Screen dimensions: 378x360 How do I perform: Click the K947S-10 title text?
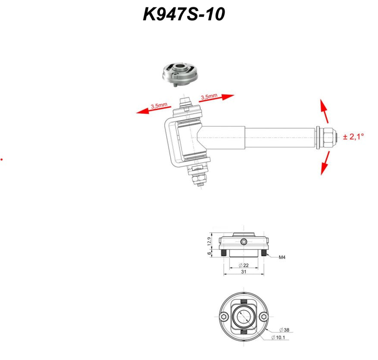click(x=184, y=14)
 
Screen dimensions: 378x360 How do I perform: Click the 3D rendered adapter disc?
click(x=180, y=74)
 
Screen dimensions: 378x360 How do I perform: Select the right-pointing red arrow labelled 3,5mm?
click(x=216, y=98)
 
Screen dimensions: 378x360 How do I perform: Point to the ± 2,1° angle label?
click(x=353, y=137)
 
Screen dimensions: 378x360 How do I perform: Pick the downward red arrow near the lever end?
click(x=325, y=163)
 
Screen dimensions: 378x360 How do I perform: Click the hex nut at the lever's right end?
click(x=328, y=138)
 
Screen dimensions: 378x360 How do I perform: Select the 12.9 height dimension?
click(x=209, y=241)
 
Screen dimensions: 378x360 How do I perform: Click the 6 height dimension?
click(x=209, y=254)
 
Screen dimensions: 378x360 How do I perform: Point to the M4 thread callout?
click(x=282, y=257)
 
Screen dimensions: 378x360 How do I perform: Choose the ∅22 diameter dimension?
click(x=244, y=265)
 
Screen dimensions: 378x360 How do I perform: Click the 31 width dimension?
click(x=244, y=272)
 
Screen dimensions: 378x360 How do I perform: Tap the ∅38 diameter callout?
click(x=284, y=330)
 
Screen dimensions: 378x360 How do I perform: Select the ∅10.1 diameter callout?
click(x=278, y=337)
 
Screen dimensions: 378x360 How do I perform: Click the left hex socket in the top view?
click(x=224, y=316)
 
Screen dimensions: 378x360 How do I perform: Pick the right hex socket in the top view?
click(x=264, y=316)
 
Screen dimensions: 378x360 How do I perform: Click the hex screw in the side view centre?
click(x=244, y=241)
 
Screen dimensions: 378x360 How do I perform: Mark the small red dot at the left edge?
click(x=1, y=160)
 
